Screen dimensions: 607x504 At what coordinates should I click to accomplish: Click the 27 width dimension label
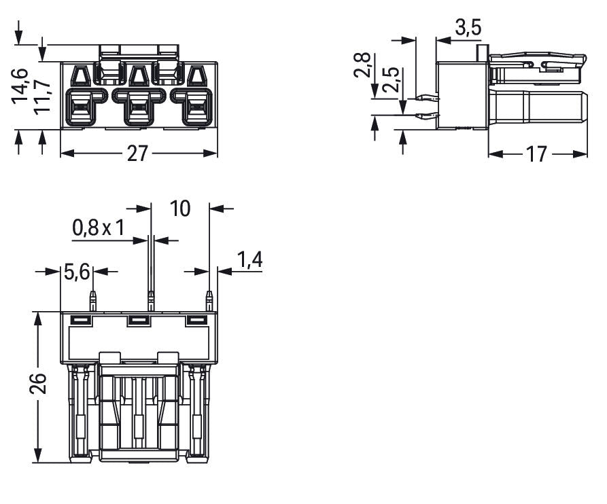pyautogui.click(x=137, y=154)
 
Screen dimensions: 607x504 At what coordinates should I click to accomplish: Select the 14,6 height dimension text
pyautogui.click(x=19, y=86)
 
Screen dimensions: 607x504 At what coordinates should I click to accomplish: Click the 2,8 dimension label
pyautogui.click(x=362, y=65)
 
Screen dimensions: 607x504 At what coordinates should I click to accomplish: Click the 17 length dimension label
pyautogui.click(x=536, y=154)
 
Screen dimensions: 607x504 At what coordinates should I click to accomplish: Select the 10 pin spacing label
pyautogui.click(x=180, y=209)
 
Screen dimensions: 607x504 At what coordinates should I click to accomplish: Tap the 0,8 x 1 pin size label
pyautogui.click(x=99, y=228)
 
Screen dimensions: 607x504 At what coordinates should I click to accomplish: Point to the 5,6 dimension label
pyautogui.click(x=77, y=272)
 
